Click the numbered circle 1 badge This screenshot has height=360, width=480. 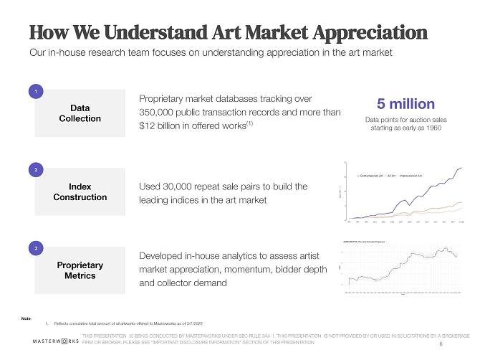34,91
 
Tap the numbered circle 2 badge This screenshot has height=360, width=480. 34,170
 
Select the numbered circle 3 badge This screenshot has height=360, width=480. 34,248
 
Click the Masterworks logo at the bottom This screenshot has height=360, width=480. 55,337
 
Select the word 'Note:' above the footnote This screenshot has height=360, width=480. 27,317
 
